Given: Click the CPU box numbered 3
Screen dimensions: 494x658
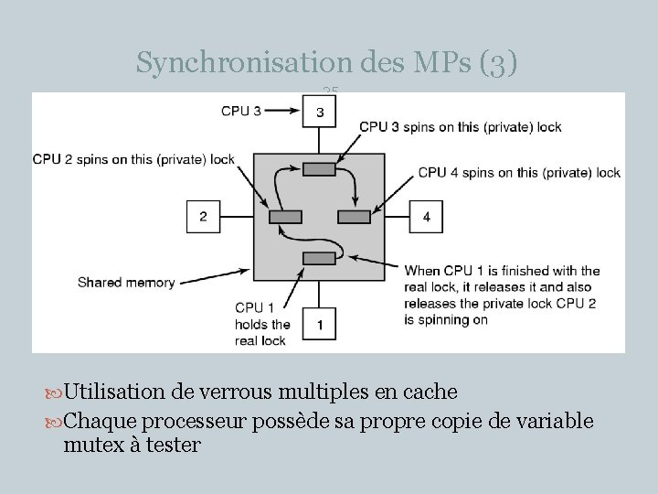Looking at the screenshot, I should point(319,112).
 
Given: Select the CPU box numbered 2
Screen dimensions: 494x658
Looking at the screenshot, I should point(203,217).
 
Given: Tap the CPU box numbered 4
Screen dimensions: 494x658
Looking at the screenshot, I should point(427,217).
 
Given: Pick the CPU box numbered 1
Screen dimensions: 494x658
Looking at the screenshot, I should point(319,324).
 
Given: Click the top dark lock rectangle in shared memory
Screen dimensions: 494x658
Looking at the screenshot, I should point(319,168).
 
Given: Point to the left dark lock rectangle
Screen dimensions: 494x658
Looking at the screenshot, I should point(285,217).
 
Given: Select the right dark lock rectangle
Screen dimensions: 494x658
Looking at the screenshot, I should point(353,217).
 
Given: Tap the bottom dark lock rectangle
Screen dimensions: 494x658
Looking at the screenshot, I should point(319,259).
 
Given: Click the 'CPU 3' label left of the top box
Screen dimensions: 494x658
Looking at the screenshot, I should point(241,111).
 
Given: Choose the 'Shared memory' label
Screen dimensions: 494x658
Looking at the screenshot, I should point(126,283).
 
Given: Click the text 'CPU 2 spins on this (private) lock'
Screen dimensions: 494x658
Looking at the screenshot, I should point(133,159).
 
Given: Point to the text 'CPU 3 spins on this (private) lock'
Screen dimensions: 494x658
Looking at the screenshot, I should point(461,127).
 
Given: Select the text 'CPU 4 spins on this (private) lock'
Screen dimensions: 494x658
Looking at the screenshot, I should point(519,172).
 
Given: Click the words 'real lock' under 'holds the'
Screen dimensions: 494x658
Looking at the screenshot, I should point(260,340).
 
